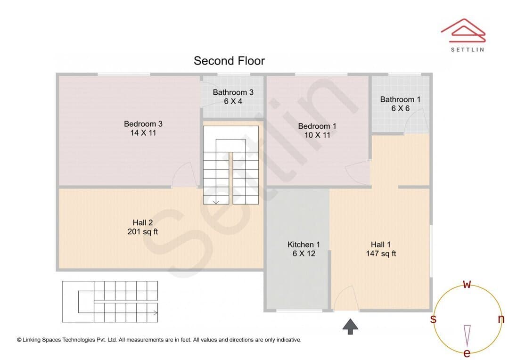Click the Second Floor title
[229, 61]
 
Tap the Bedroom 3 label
[143, 123]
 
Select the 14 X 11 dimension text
[143, 133]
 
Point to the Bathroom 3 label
[233, 92]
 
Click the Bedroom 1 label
[317, 126]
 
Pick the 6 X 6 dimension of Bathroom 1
[400, 108]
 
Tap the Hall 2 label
[142, 223]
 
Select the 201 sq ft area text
[142, 232]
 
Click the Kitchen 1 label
[304, 245]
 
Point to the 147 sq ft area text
[381, 254]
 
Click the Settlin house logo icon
[463, 31]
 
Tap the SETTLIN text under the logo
[468, 49]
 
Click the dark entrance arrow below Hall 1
[350, 326]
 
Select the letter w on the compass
[467, 284]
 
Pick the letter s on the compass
[433, 319]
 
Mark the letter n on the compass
[501, 319]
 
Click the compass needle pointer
[467, 335]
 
